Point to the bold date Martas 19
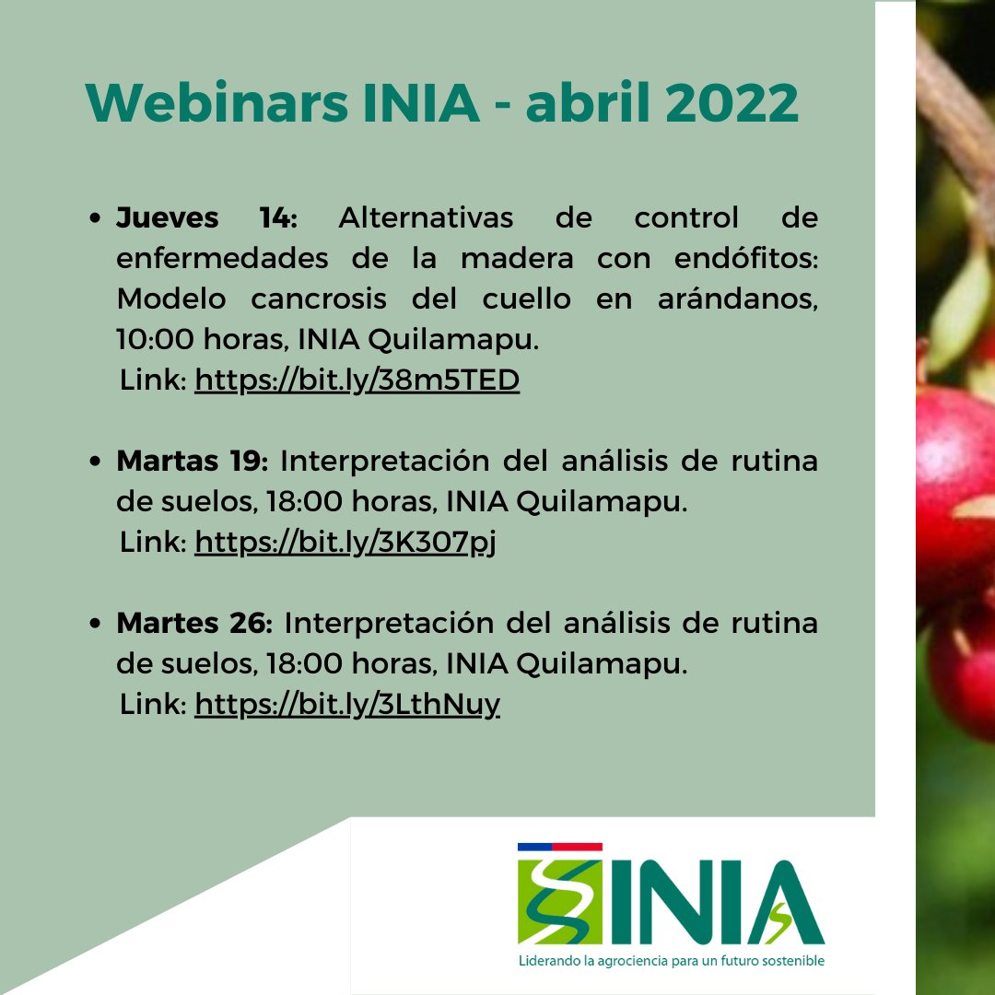192,461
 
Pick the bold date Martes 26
193,623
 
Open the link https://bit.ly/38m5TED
357,380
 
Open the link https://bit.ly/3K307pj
345,543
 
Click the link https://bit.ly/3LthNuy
347,705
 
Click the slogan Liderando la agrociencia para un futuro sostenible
671,961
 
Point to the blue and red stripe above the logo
560,846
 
